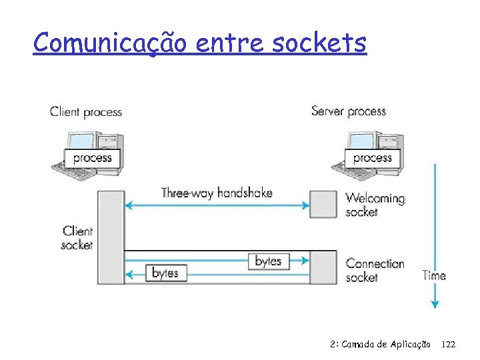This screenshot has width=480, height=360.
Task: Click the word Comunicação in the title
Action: (111, 43)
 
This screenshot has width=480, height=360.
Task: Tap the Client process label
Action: (86, 111)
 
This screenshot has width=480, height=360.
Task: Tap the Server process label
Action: (349, 111)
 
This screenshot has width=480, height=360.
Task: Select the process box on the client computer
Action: (92, 158)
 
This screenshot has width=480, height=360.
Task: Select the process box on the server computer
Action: (372, 158)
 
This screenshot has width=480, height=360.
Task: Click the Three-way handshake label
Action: (217, 193)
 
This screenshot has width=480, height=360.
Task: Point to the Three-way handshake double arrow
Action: (217, 205)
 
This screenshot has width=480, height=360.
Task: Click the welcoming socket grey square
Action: (323, 204)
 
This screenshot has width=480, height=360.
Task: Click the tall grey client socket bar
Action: (111, 237)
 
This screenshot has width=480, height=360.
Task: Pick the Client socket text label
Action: (77, 238)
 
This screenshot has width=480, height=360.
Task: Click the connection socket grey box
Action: (323, 267)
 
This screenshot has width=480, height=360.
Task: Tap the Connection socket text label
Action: (375, 270)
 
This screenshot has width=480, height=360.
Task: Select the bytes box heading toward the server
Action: (268, 261)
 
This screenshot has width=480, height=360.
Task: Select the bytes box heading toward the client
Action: (166, 273)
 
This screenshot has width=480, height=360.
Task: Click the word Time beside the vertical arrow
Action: (434, 275)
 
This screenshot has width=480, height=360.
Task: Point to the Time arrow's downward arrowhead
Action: (435, 304)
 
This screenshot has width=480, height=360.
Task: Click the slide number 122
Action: (449, 344)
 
